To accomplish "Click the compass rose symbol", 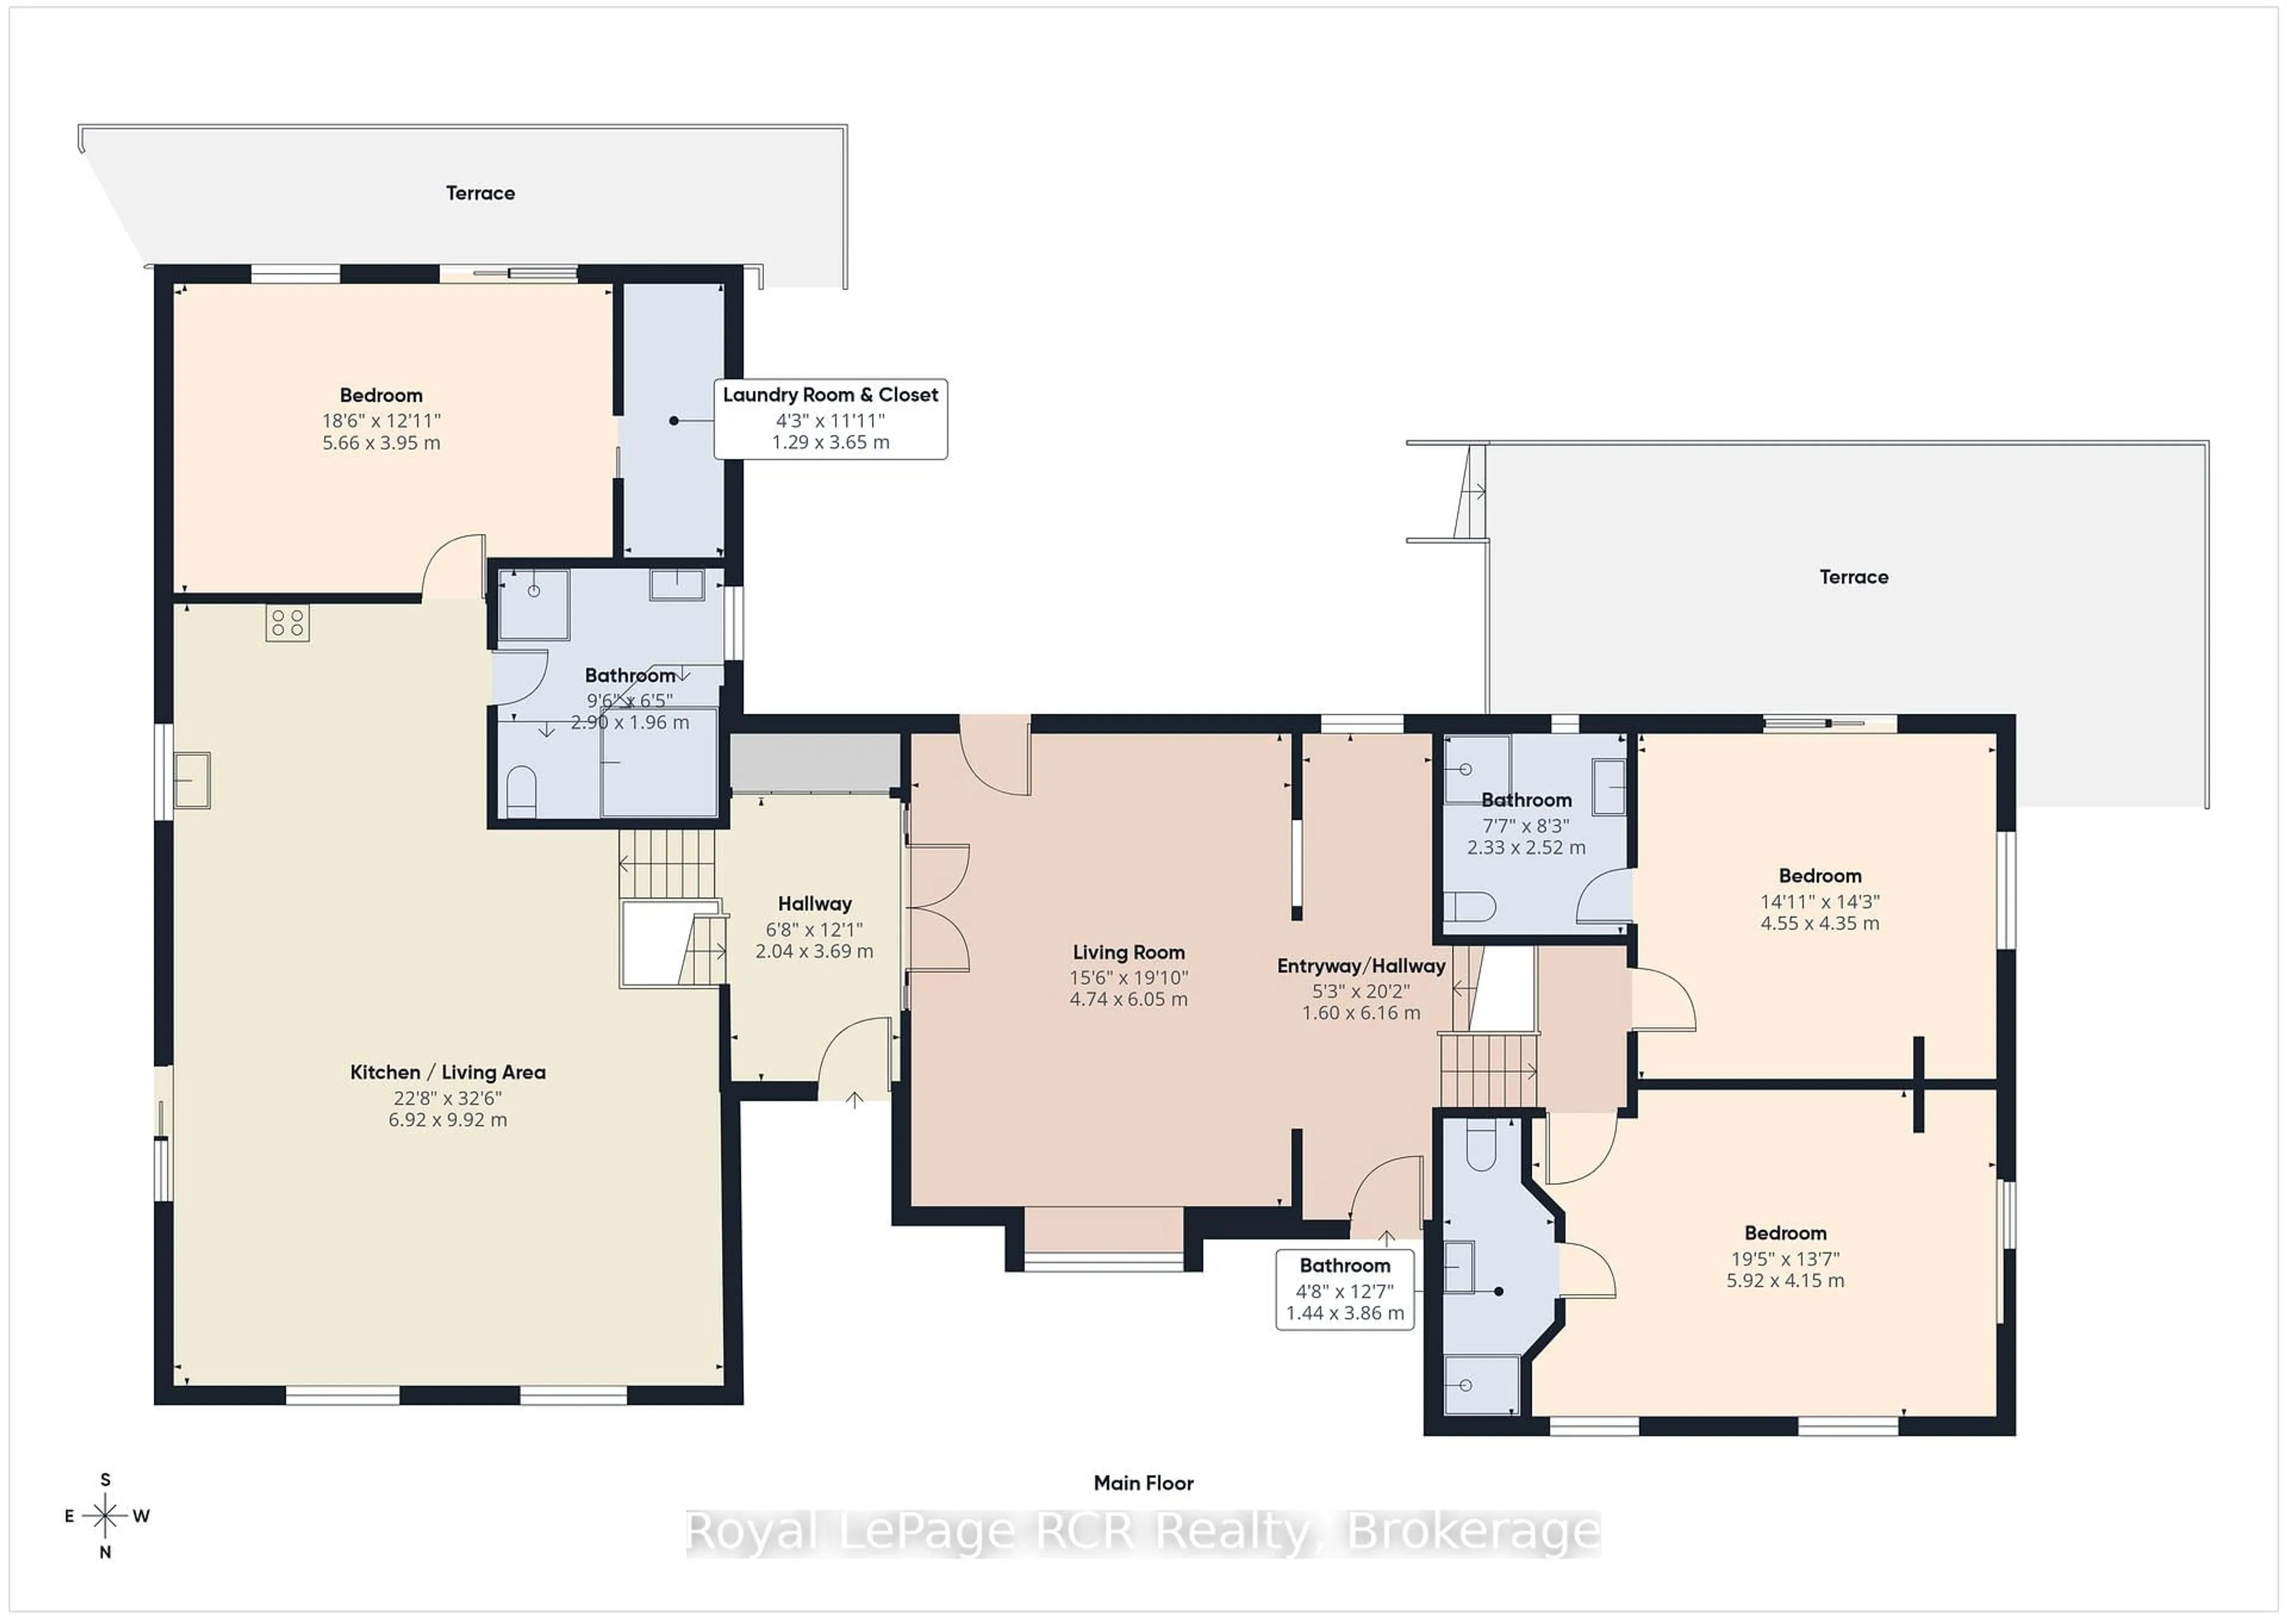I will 105,1516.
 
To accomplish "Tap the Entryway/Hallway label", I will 1361,966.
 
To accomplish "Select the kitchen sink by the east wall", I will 191,779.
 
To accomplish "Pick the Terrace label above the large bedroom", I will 480,193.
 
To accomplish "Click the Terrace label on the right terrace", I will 1853,577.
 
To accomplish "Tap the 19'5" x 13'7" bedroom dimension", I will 1785,1258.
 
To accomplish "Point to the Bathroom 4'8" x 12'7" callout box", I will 1345,1289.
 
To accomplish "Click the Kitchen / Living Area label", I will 447,1072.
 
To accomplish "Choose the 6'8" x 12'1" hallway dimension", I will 814,929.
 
